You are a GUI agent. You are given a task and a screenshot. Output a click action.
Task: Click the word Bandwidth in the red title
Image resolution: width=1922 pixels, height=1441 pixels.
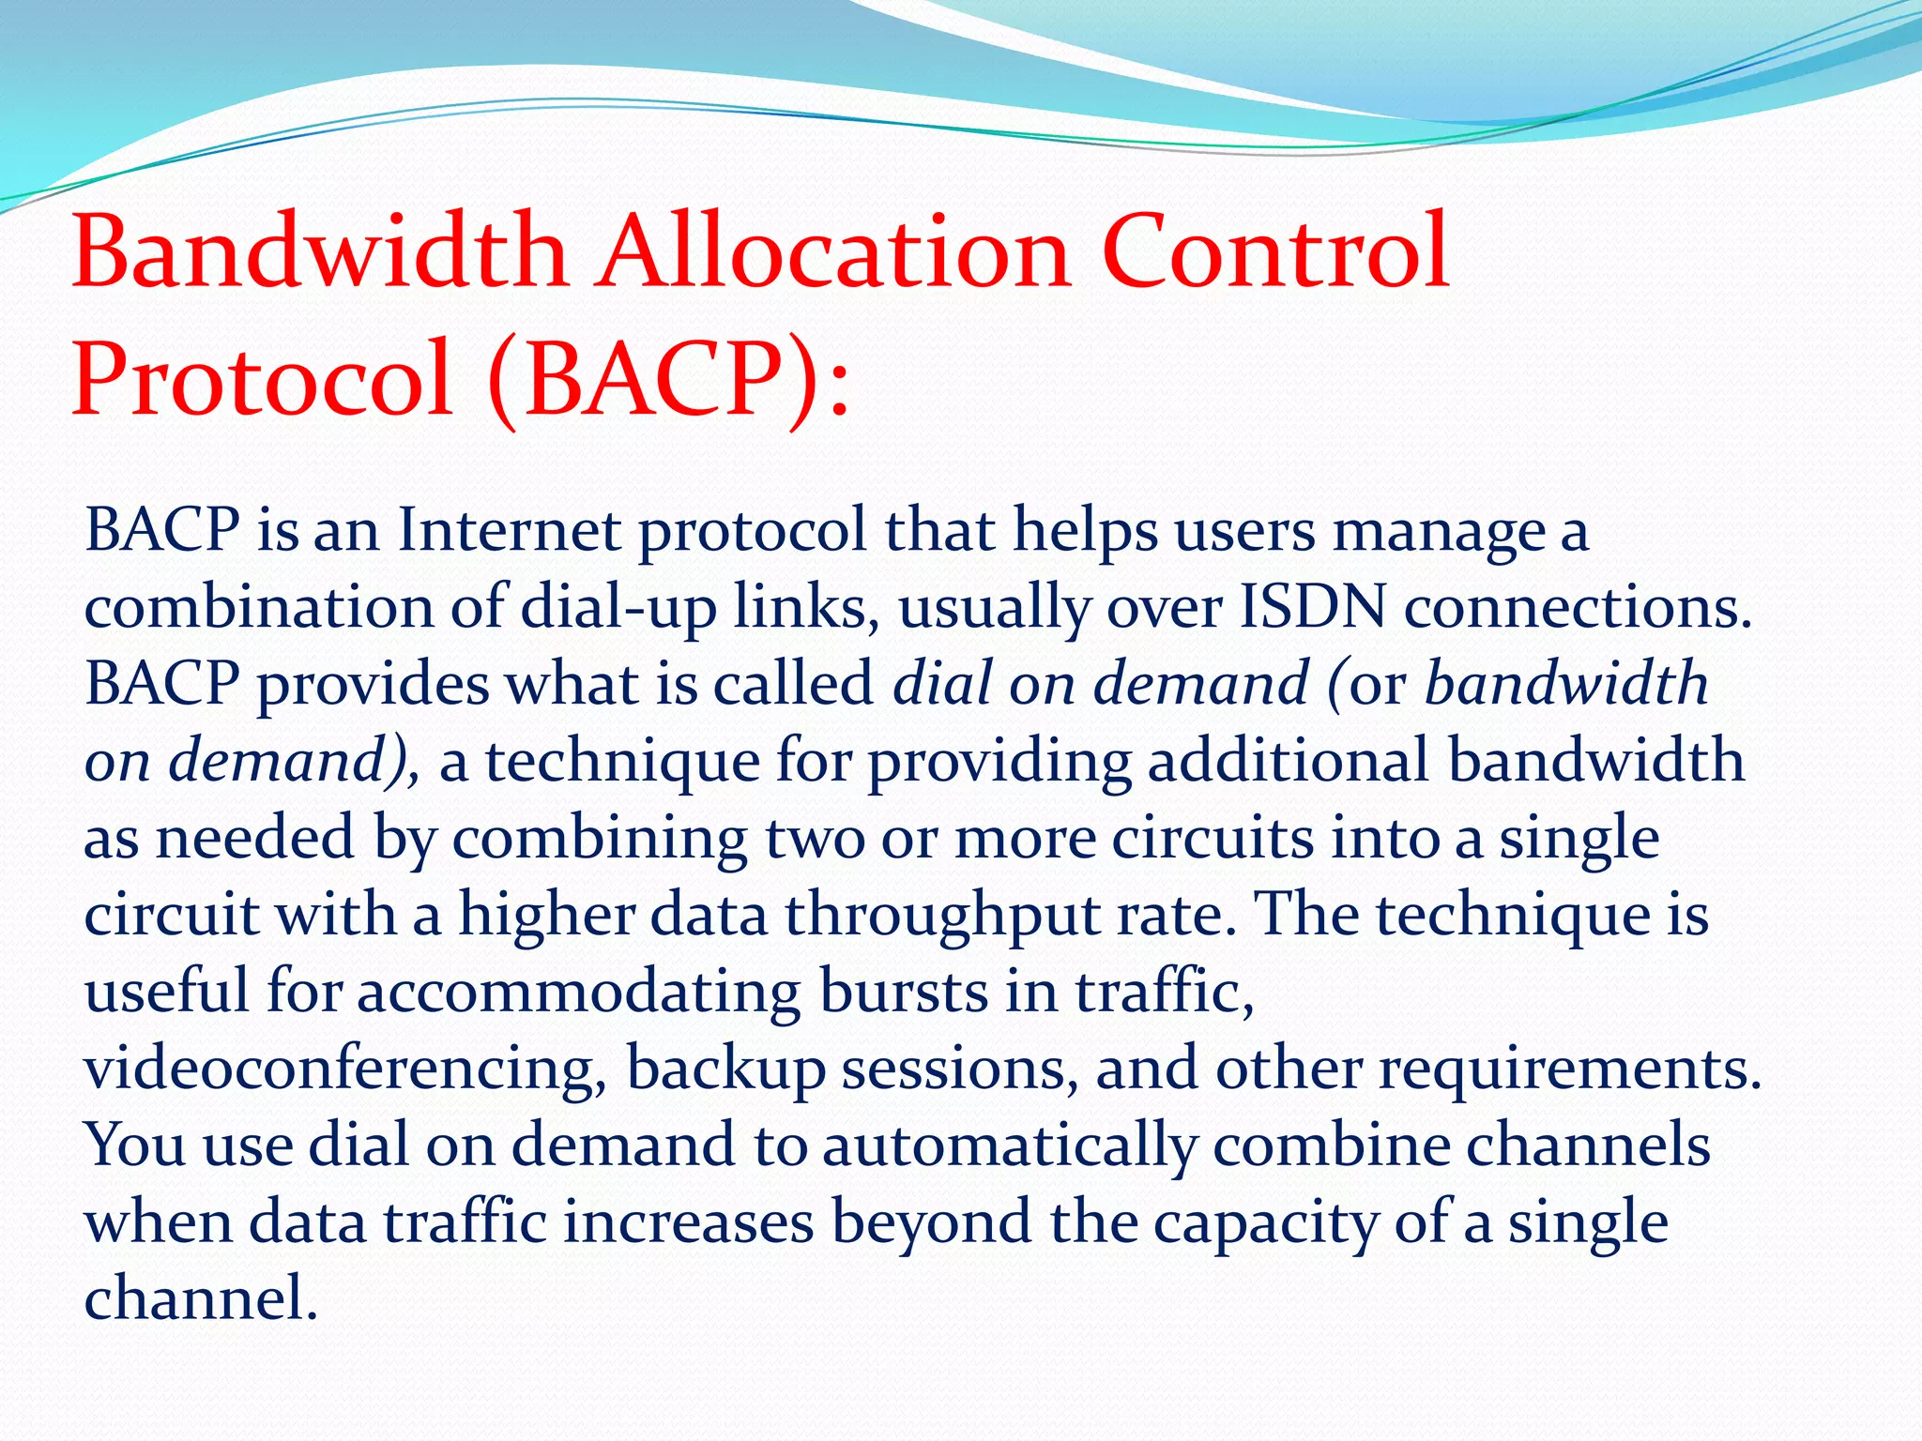tap(319, 251)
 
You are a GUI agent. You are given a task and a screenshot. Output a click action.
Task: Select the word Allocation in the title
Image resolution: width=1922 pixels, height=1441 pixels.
tap(834, 251)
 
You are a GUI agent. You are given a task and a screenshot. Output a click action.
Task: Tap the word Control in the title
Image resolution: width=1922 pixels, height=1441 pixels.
tap(1275, 251)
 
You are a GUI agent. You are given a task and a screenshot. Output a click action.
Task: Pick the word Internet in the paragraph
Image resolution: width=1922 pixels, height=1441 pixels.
tap(509, 531)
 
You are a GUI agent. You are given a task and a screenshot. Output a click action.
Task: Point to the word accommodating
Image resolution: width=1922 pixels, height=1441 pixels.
tap(579, 992)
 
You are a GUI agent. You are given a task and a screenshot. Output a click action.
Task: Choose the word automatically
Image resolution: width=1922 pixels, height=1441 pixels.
tap(1010, 1146)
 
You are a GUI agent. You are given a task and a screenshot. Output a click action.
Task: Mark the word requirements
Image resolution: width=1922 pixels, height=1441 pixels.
tap(1569, 1069)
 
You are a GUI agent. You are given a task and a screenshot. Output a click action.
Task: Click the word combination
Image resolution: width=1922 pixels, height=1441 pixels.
tap(259, 608)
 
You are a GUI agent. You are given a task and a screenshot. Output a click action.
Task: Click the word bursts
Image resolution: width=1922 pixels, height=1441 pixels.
tap(904, 992)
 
